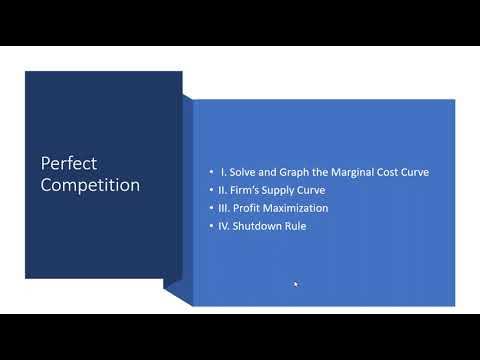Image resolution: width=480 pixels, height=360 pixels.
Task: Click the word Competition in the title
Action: coord(90,185)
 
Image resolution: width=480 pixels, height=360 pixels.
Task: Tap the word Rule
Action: coord(296,226)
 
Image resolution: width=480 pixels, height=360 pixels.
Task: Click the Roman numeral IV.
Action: coord(226,226)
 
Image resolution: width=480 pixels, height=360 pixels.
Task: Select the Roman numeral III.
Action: coord(225,208)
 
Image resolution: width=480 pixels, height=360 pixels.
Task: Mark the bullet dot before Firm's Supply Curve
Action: coord(211,190)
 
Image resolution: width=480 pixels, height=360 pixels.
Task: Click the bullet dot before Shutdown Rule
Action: coord(211,226)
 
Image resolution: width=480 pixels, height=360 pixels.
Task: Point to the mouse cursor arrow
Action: coord(295,283)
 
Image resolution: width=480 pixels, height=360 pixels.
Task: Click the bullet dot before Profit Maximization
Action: coord(211,208)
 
